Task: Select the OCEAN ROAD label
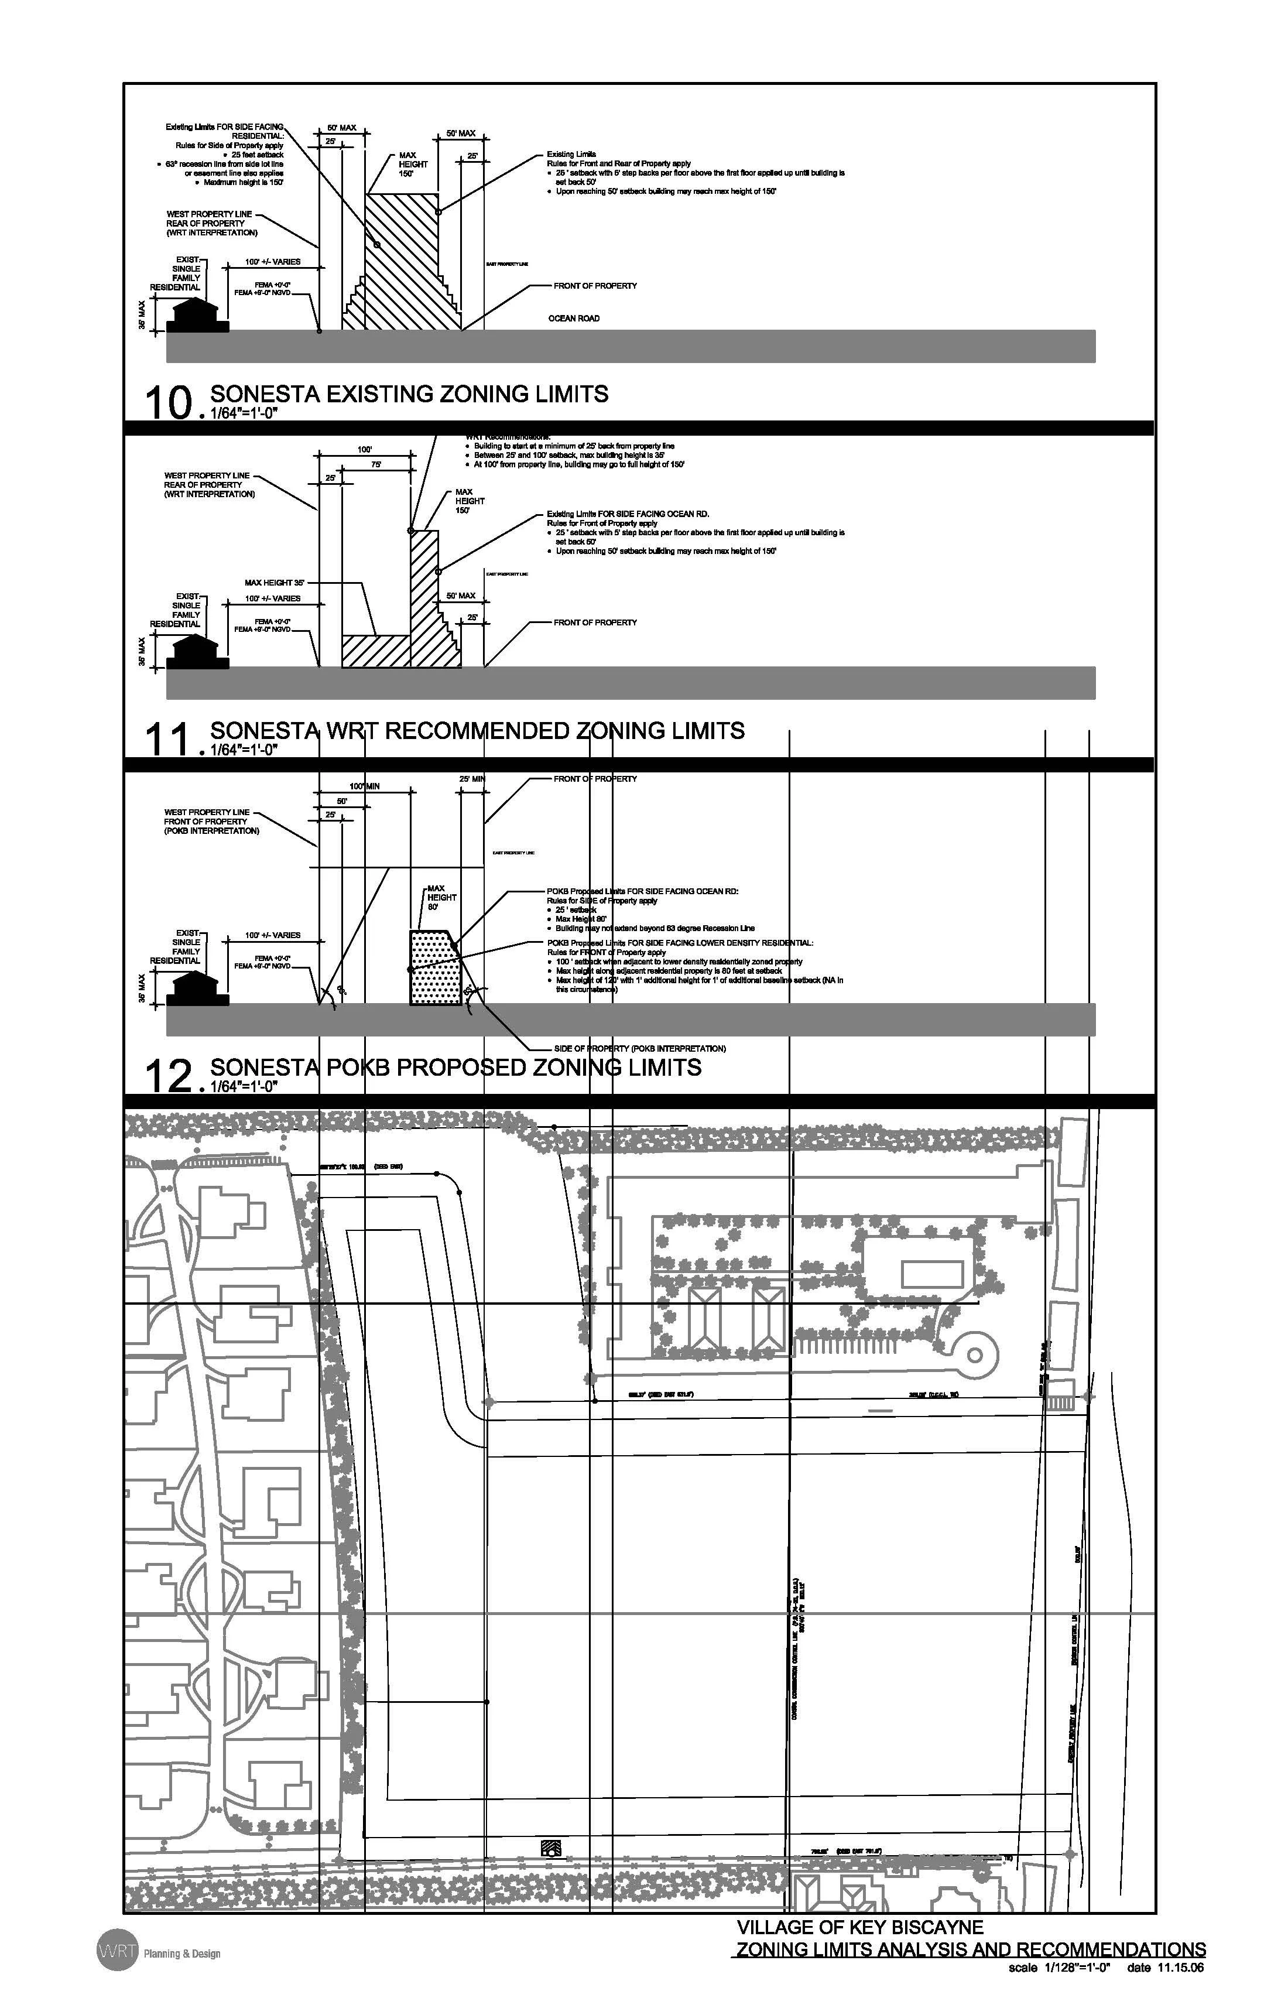coord(574,319)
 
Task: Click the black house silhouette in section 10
coord(198,316)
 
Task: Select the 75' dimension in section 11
coord(377,464)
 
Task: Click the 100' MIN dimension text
coord(365,786)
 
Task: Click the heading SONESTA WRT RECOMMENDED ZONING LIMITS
coord(477,731)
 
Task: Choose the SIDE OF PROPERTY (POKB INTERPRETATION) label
coord(640,1048)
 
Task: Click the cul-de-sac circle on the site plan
coord(974,1354)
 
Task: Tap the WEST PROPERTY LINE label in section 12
coord(207,812)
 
